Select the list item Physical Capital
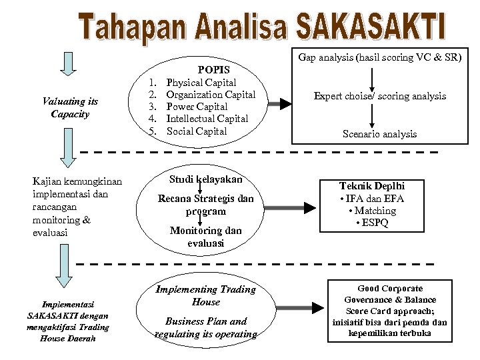click(x=201, y=83)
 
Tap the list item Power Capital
click(x=197, y=107)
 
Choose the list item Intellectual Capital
click(x=207, y=119)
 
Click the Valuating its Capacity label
click(x=69, y=107)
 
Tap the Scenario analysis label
click(x=380, y=134)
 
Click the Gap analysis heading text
click(x=380, y=58)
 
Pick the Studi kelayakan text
click(x=205, y=179)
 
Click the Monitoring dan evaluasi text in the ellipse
click(x=205, y=237)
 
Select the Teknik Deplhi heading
click(x=372, y=186)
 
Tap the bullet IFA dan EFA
click(x=371, y=198)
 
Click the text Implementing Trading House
click(x=205, y=295)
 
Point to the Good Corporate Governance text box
click(x=389, y=311)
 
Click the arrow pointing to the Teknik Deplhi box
click(x=293, y=205)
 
